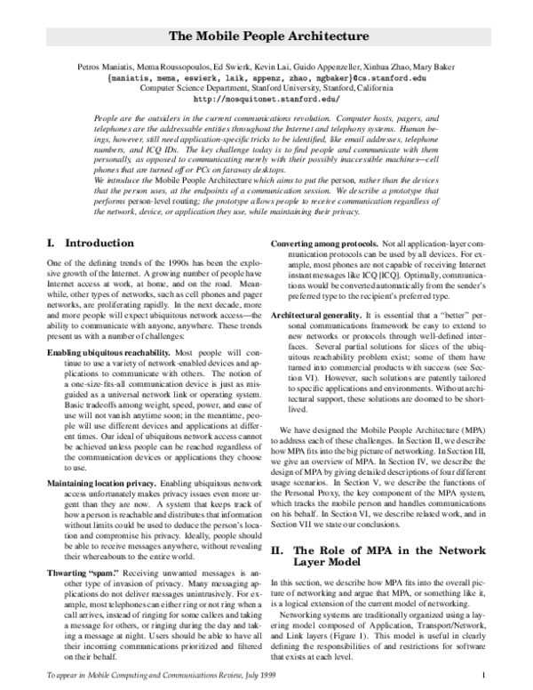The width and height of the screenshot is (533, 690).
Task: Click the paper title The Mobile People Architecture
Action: pos(267,37)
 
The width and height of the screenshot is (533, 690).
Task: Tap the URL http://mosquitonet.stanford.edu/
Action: pos(266,99)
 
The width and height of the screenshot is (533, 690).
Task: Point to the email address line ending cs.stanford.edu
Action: pos(267,78)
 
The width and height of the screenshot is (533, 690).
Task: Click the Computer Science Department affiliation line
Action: pos(266,88)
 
